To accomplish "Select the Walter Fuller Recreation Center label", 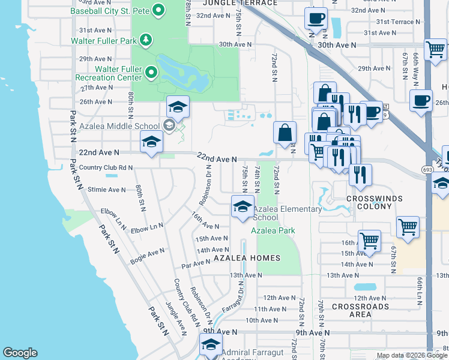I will coord(109,73).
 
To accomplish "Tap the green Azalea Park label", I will coord(273,230).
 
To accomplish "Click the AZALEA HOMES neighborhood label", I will coord(247,258).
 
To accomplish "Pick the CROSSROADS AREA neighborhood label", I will coord(360,310).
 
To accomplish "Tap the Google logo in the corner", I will coord(20,353).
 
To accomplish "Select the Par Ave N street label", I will coord(196,264).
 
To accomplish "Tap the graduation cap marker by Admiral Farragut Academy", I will coord(211,345).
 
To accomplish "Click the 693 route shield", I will coord(427,170).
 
